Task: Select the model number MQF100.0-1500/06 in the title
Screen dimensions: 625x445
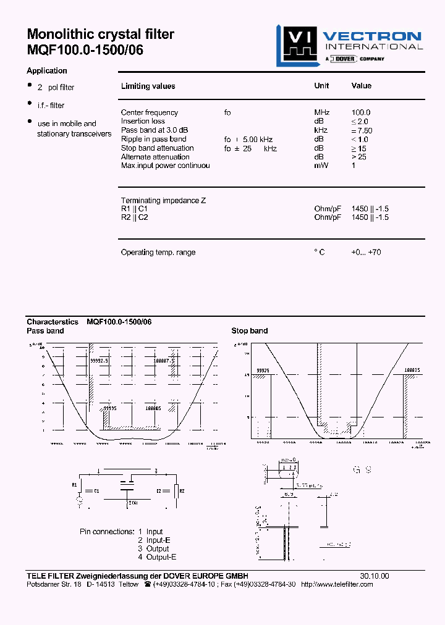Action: (85, 51)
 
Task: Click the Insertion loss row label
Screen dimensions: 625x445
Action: (143, 121)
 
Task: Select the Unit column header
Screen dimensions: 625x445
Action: (321, 86)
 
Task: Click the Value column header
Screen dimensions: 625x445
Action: (362, 86)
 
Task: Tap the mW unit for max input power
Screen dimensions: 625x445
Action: (320, 166)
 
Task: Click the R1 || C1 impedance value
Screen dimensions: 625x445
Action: (370, 209)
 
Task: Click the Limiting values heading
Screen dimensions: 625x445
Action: (148, 86)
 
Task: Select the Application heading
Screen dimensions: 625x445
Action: (47, 70)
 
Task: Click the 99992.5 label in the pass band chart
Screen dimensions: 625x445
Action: (99, 360)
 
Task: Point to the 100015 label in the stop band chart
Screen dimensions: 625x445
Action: (412, 369)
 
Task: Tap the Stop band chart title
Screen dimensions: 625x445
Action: (249, 331)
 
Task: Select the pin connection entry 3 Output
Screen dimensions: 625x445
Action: (153, 548)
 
